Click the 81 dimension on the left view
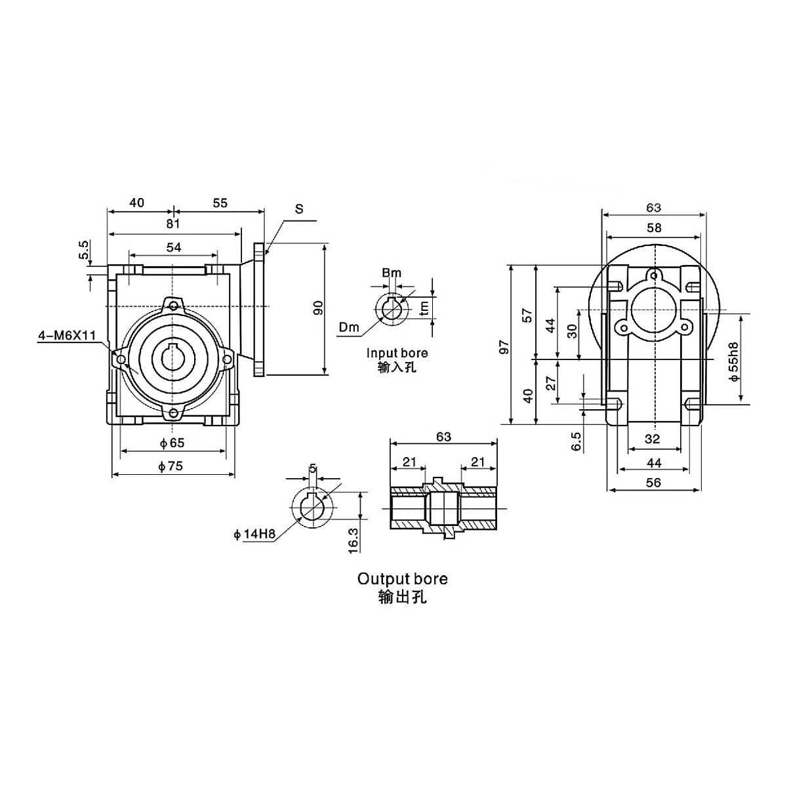click(172, 224)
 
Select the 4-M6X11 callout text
click(66, 336)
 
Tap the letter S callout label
click(299, 209)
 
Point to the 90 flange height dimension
click(317, 308)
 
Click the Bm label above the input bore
click(391, 273)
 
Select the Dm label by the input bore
click(350, 327)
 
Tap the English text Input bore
click(397, 353)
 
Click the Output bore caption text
click(402, 578)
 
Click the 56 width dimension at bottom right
click(653, 482)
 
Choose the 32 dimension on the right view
click(652, 439)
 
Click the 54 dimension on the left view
click(173, 247)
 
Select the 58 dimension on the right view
click(654, 228)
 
